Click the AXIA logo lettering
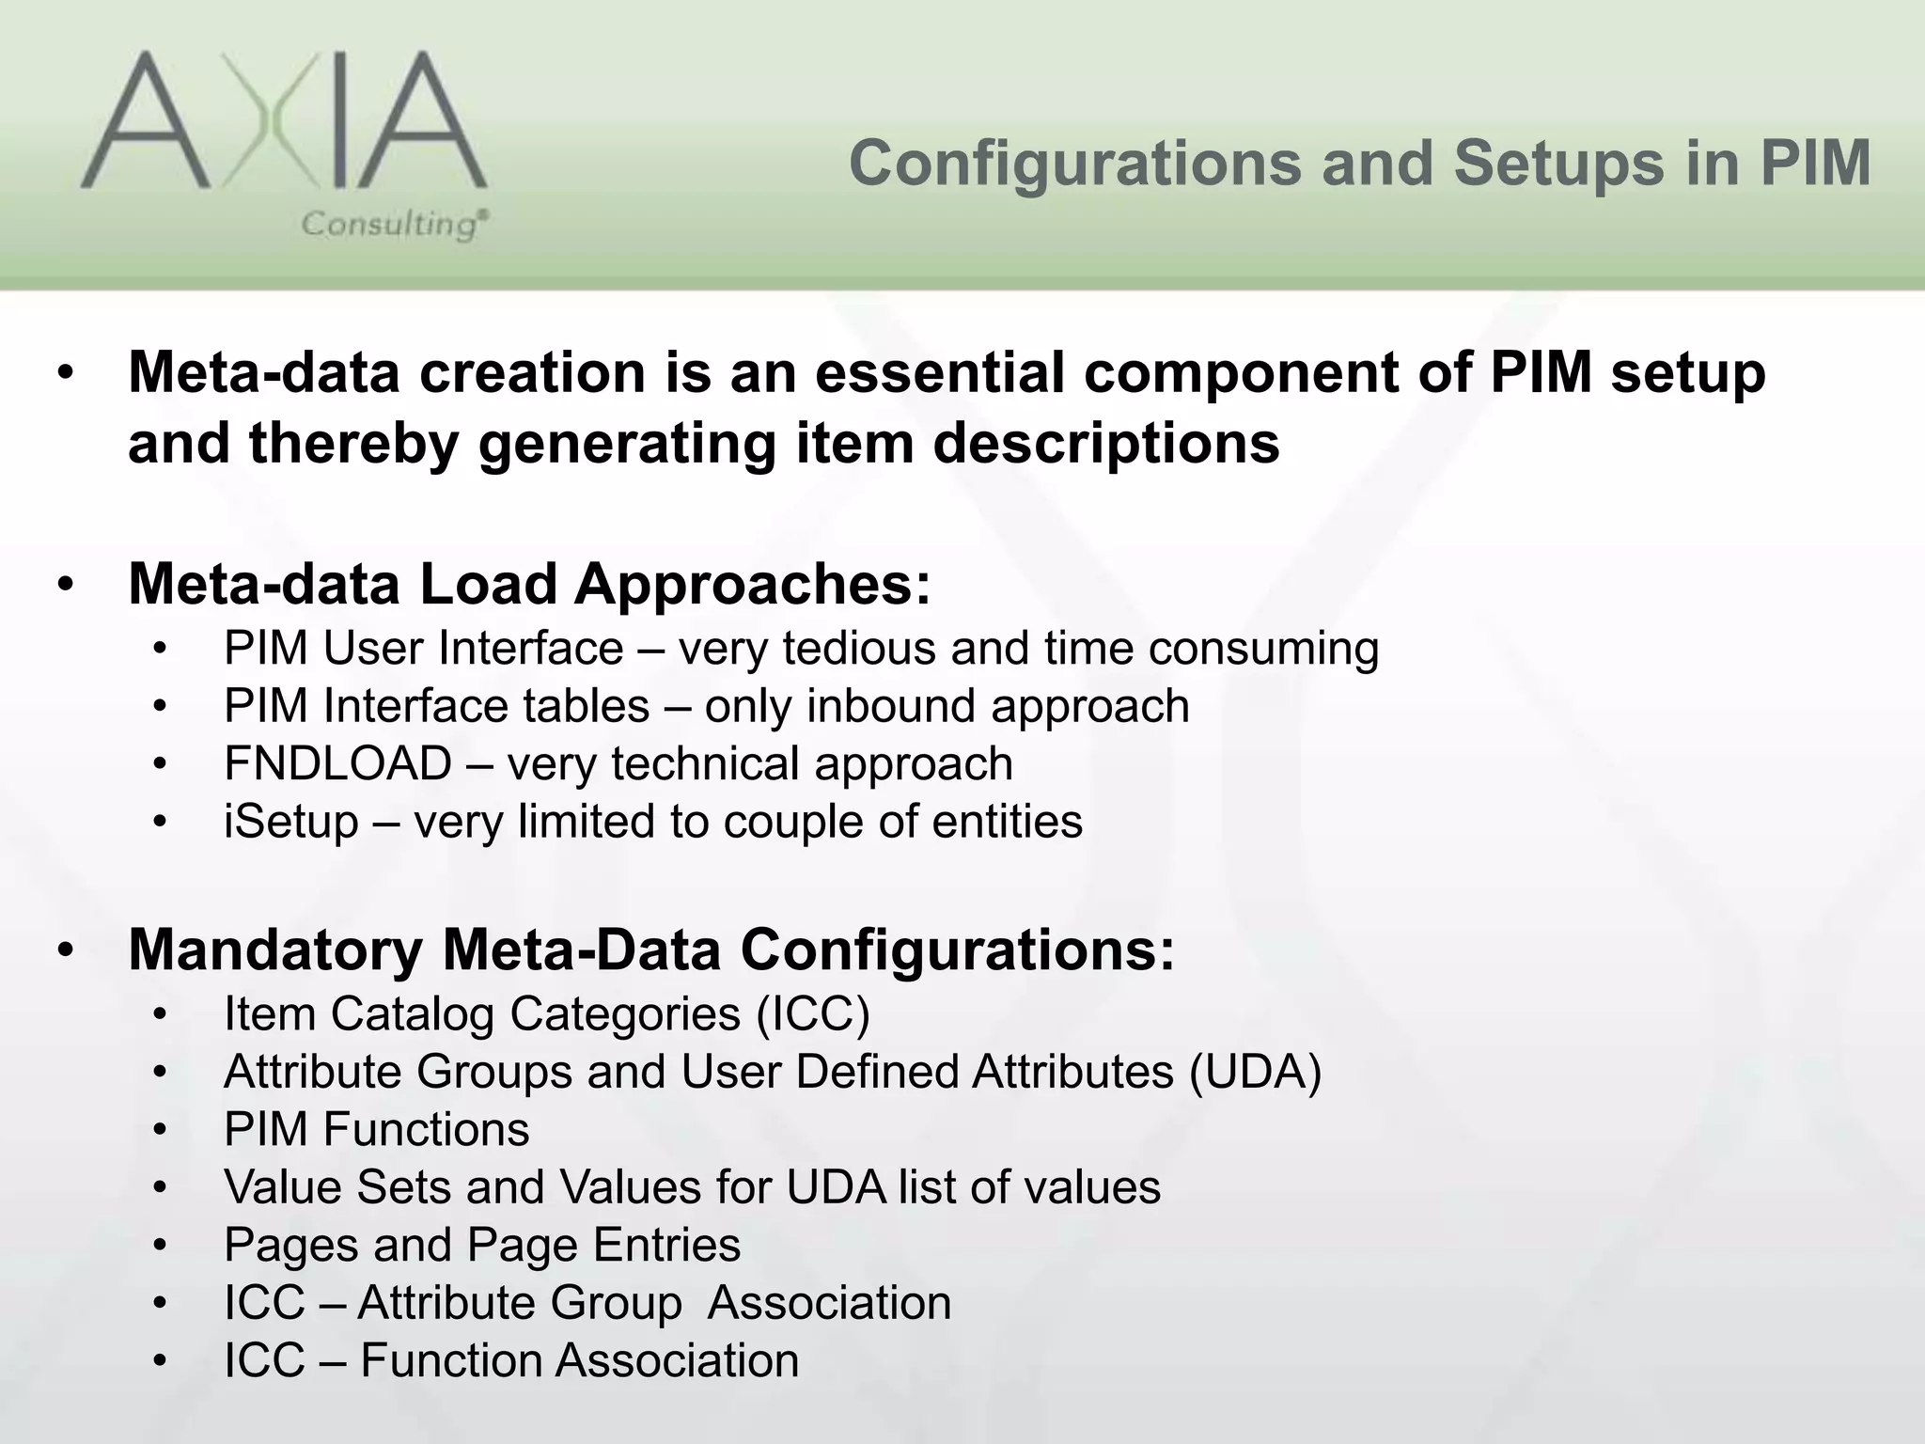point(282,122)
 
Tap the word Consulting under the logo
point(394,225)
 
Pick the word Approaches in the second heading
point(752,585)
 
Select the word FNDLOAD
point(337,763)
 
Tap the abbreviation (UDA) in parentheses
point(1255,1072)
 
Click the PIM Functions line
point(376,1129)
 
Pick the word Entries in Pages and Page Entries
point(666,1246)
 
